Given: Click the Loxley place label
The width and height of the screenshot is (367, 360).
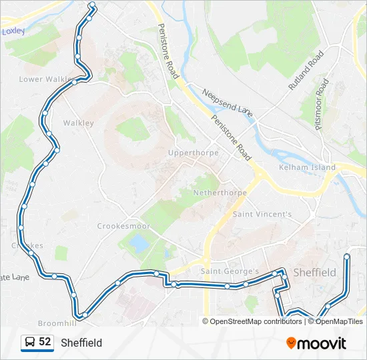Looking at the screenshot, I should (13, 31).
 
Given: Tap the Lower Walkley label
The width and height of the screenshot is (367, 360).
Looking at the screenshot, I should (45, 79).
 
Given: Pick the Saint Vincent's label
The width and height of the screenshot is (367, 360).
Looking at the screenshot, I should (262, 214).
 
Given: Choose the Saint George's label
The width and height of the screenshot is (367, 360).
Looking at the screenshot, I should (230, 271).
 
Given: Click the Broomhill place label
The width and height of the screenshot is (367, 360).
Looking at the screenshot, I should (57, 323).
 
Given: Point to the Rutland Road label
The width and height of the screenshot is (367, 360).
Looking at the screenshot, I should (306, 71).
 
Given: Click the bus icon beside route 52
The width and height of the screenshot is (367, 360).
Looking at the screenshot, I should (29, 342).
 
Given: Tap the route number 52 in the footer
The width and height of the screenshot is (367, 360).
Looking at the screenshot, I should (45, 341).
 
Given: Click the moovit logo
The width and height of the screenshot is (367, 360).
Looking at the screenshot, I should (316, 343).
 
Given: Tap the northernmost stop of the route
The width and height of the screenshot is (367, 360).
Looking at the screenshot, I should (92, 7).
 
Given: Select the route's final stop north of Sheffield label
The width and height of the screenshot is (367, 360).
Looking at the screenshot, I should (347, 257).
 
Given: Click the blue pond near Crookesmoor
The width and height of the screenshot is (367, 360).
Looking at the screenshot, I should (139, 243).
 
